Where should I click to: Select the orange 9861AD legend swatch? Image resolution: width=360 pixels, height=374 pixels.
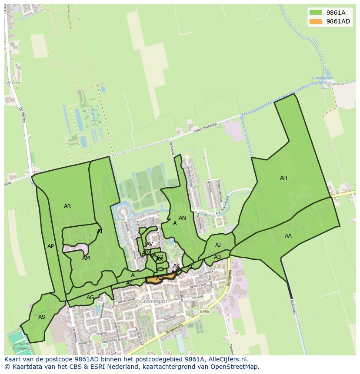[316, 21]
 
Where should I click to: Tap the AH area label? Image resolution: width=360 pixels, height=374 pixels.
[283, 178]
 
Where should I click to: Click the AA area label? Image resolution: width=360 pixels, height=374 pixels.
[288, 236]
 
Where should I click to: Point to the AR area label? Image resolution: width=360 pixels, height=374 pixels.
[67, 206]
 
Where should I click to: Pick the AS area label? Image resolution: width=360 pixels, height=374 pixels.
[42, 317]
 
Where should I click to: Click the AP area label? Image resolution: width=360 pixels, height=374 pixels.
[51, 246]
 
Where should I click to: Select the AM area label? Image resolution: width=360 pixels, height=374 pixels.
[86, 258]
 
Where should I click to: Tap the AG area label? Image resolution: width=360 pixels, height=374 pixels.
[90, 298]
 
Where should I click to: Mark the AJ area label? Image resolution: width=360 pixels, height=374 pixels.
[218, 245]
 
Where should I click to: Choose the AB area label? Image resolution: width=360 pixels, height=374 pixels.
[217, 257]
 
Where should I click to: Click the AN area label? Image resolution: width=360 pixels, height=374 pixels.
[183, 218]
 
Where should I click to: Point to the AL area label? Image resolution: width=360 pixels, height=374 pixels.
[134, 275]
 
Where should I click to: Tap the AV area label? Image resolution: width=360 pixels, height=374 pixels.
[150, 244]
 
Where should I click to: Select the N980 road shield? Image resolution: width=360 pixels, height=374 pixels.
[204, 312]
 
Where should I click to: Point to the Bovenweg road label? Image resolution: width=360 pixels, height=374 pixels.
[174, 329]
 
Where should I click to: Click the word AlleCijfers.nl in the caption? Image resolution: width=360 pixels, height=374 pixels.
[226, 359]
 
